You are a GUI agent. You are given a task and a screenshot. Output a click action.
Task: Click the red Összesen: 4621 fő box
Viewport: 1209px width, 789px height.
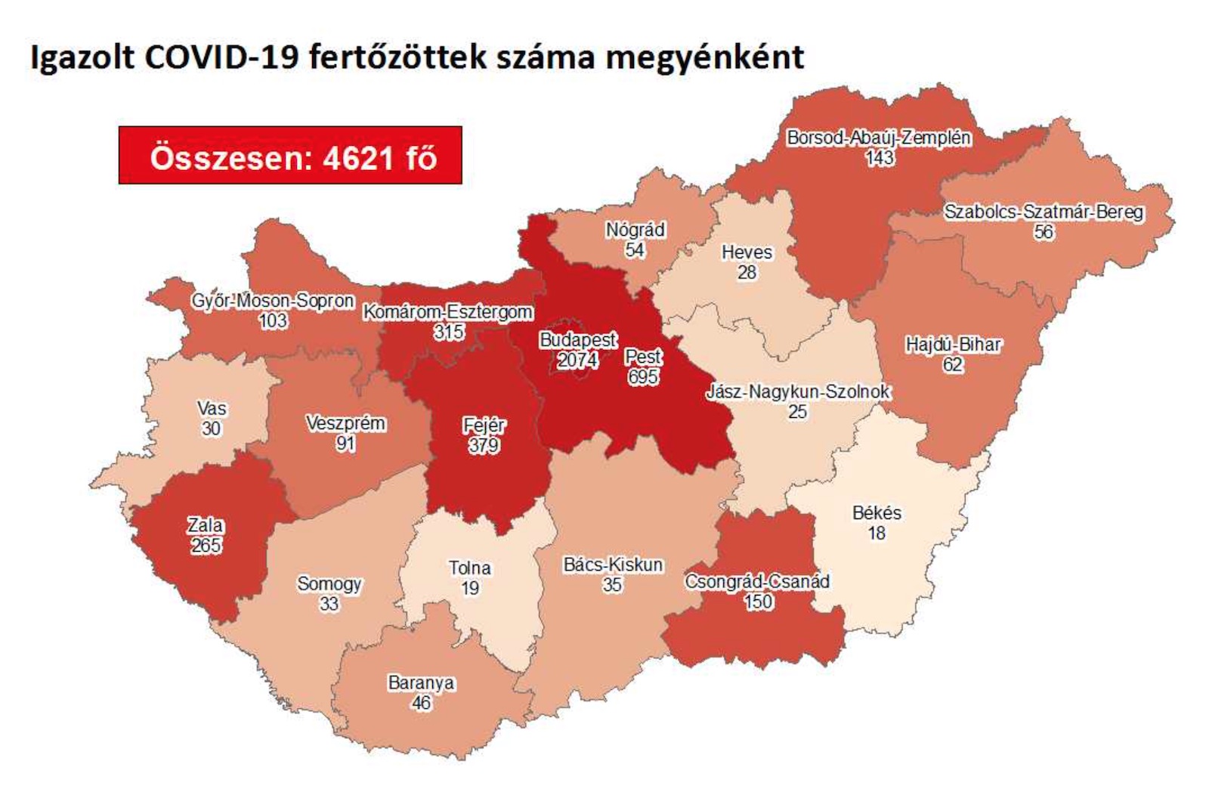tap(290, 156)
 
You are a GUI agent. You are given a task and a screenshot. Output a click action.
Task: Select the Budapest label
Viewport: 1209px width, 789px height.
tap(578, 341)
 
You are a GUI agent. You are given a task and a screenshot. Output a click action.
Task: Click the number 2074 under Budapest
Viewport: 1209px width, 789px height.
tap(578, 360)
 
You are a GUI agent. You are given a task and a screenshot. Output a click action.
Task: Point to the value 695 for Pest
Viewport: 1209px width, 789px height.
tap(643, 376)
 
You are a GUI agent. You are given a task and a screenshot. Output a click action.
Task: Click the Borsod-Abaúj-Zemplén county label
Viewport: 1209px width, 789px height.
tap(879, 138)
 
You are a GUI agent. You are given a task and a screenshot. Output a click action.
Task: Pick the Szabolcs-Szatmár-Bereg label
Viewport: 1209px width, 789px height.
tap(1044, 212)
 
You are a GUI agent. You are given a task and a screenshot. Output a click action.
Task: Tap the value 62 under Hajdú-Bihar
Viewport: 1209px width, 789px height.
tap(953, 365)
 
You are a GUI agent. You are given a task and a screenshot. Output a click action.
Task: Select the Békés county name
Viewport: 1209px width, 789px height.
tap(877, 513)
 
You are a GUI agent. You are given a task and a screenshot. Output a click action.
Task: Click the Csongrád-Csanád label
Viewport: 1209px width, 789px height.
tap(757, 582)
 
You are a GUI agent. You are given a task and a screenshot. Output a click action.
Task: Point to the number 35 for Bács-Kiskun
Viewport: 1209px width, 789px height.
tap(612, 585)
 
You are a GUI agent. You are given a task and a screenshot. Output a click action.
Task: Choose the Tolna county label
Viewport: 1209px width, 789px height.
tap(470, 568)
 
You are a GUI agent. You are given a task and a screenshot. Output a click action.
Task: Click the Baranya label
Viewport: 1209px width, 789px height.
tap(421, 683)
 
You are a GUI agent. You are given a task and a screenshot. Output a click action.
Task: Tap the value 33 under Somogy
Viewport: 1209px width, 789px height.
tap(329, 604)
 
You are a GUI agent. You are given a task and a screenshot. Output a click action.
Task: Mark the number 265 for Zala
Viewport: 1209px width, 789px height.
tap(206, 545)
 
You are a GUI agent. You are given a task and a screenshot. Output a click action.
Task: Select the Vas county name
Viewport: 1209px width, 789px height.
tap(212, 409)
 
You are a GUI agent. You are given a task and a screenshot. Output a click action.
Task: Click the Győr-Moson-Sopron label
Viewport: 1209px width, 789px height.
tap(273, 301)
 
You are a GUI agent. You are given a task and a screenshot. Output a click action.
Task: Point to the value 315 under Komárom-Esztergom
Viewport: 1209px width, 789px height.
tap(449, 332)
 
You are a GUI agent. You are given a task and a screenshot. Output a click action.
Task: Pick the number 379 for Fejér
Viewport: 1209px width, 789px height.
tap(484, 445)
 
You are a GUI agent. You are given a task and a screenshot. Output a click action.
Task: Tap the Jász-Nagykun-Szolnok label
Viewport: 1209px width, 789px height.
tap(798, 392)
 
